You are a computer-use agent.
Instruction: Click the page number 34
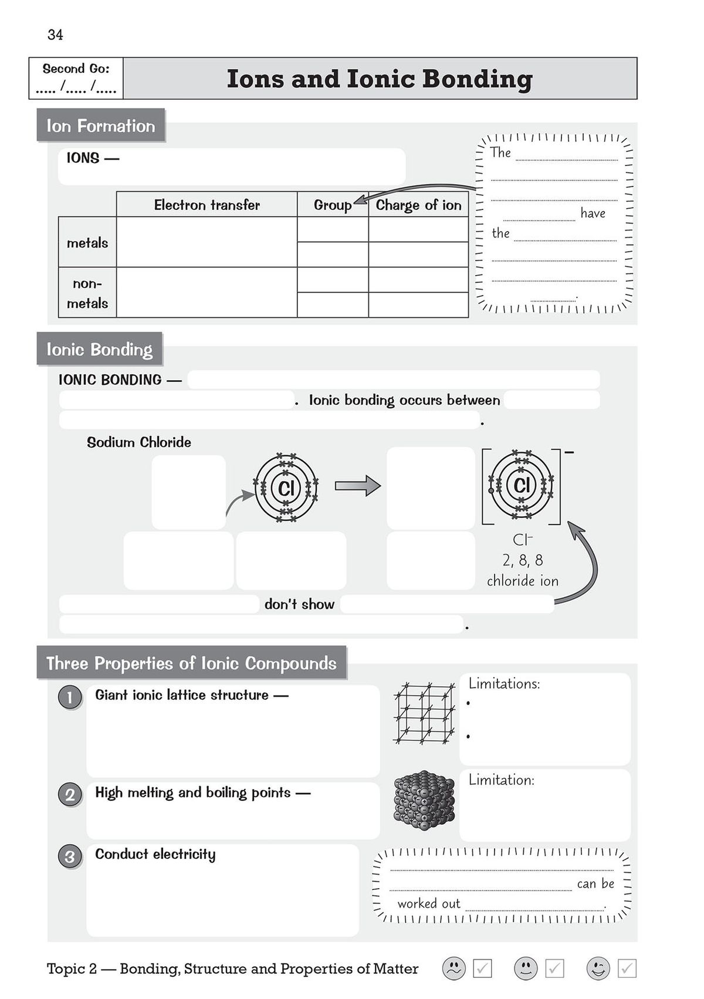[x=55, y=35]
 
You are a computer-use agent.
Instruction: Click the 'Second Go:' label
[x=76, y=69]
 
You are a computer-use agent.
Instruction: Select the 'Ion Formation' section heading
[x=100, y=126]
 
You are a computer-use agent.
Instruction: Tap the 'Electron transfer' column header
[x=207, y=205]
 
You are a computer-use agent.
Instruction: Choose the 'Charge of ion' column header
[x=418, y=205]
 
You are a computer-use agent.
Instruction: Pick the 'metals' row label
[x=87, y=243]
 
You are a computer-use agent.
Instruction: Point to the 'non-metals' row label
[x=87, y=293]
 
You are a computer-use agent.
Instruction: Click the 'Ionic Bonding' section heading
[x=99, y=350]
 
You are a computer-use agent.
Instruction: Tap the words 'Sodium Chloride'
[x=139, y=442]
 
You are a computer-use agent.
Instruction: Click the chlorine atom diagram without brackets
[x=286, y=487]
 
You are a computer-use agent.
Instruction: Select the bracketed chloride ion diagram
[x=521, y=486]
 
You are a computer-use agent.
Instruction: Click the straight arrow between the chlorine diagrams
[x=358, y=486]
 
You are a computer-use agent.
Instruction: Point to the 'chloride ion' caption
[x=522, y=581]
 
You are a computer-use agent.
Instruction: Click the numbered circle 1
[x=70, y=697]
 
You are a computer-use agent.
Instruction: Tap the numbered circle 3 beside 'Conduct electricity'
[x=70, y=857]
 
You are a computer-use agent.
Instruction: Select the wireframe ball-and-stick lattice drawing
[x=425, y=713]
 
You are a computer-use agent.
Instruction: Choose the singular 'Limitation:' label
[x=501, y=780]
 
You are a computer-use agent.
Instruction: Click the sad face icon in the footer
[x=453, y=968]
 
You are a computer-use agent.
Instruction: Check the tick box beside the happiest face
[x=627, y=968]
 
